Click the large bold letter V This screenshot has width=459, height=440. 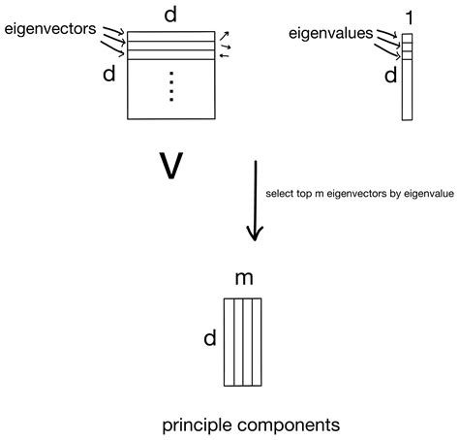point(170,167)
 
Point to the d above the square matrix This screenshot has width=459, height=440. point(170,14)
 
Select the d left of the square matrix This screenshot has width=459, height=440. point(109,75)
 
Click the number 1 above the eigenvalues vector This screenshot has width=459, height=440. point(408,16)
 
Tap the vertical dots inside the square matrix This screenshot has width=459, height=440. point(170,89)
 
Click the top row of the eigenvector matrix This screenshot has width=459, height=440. point(170,36)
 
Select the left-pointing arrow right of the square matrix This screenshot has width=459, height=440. point(225,55)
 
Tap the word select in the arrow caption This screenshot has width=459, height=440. point(280,194)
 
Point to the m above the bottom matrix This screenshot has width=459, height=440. point(244,280)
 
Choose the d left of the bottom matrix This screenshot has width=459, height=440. point(209,338)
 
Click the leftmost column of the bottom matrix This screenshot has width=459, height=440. point(229,340)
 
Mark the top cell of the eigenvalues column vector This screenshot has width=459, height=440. point(408,39)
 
